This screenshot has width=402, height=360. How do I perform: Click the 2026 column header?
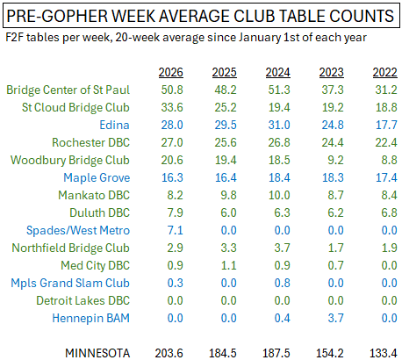point(171,72)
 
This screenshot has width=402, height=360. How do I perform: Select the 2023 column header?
point(332,72)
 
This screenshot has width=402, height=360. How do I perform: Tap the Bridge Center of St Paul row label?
point(68,90)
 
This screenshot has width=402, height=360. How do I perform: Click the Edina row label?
point(114,125)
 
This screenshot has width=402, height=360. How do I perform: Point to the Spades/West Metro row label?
point(78,230)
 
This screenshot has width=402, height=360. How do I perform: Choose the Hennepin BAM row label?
point(90,319)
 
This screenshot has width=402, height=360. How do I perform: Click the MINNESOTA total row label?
point(97,353)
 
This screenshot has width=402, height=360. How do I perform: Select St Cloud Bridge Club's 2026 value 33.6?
point(172,107)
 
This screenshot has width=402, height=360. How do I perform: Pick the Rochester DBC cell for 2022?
point(386,142)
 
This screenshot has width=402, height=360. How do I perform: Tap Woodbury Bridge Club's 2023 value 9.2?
point(335,160)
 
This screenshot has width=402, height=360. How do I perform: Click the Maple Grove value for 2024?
point(279,177)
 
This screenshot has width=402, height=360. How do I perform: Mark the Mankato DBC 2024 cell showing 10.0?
point(279,195)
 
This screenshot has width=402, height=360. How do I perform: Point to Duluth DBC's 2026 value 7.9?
point(175,212)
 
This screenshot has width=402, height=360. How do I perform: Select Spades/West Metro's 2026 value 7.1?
point(175,230)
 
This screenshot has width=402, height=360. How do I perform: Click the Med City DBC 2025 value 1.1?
point(228,265)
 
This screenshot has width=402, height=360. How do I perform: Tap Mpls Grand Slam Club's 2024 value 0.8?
point(282,283)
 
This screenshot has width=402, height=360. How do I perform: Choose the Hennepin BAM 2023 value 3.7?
point(335,318)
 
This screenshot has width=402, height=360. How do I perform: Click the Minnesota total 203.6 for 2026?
point(169,353)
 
